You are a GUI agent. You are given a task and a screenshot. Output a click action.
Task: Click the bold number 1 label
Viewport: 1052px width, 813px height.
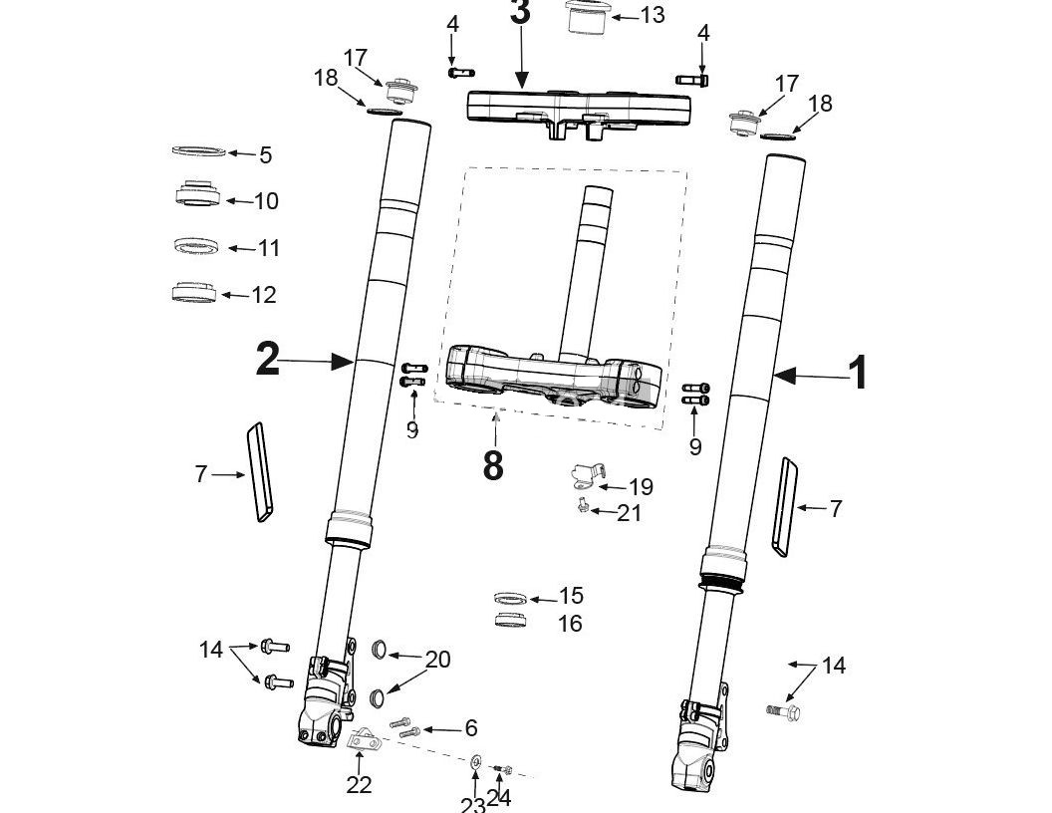click(x=857, y=375)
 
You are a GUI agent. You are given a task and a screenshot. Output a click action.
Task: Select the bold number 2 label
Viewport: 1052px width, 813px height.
click(x=267, y=360)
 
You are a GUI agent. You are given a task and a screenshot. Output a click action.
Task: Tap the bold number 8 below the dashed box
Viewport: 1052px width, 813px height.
click(x=493, y=464)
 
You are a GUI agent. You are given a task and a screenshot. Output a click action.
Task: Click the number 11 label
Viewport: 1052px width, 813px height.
click(x=269, y=248)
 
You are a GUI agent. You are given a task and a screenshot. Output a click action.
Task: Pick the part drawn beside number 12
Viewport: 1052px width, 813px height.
click(x=194, y=293)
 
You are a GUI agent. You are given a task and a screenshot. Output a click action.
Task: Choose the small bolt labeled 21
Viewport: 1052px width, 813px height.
click(x=582, y=508)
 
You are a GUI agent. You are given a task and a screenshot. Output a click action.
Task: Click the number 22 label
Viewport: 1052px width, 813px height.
click(x=359, y=785)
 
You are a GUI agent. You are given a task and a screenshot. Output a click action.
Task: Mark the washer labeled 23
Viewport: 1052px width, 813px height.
click(x=476, y=762)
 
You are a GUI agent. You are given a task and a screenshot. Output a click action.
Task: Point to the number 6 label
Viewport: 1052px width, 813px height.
click(x=470, y=728)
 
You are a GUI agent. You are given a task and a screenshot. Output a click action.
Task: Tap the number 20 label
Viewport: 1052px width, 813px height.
click(x=437, y=659)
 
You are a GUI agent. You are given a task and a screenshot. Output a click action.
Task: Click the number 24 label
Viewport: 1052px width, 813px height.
click(x=500, y=797)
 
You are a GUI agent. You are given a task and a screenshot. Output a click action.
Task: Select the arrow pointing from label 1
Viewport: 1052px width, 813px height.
click(x=808, y=376)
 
